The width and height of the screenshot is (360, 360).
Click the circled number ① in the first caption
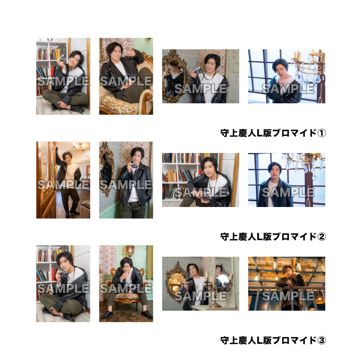point(321,133)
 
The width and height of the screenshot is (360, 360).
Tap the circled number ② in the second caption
point(321,237)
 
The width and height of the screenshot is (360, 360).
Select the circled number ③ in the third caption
point(321,341)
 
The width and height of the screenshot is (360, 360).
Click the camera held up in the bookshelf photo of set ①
point(63,58)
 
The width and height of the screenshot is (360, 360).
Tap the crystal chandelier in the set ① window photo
point(309,66)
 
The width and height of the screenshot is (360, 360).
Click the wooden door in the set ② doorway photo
point(46,180)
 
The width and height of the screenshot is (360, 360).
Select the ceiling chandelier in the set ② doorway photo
point(81,147)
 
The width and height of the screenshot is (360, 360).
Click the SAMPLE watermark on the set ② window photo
point(288,192)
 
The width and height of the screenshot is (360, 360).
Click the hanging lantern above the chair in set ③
point(130,251)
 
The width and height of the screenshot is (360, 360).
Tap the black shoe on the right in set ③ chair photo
point(147,314)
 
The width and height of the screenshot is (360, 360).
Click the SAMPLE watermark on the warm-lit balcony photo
point(288,296)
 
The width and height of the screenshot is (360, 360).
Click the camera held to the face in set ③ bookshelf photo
point(63,274)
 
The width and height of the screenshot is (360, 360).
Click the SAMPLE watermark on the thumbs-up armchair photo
point(126,81)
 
